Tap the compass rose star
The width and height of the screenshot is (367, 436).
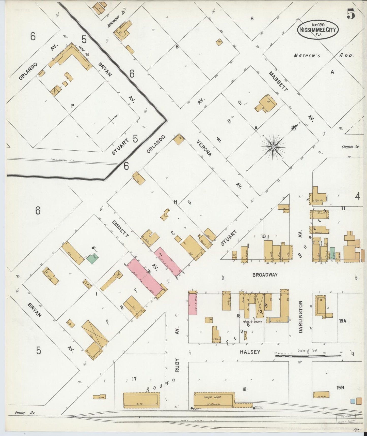[x=273, y=147]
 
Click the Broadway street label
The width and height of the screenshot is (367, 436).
[x=265, y=275]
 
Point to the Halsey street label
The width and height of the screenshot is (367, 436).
[x=250, y=352]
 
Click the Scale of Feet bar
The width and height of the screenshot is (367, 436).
[x=309, y=356]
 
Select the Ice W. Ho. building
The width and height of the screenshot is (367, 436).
[x=321, y=395]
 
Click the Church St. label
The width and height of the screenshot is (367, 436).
[x=350, y=147]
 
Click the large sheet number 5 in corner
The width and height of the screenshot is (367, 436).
[x=351, y=14]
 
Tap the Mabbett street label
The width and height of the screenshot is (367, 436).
[x=278, y=81]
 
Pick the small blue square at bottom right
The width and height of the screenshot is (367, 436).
[x=353, y=401]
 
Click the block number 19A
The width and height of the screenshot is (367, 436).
[x=342, y=321]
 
